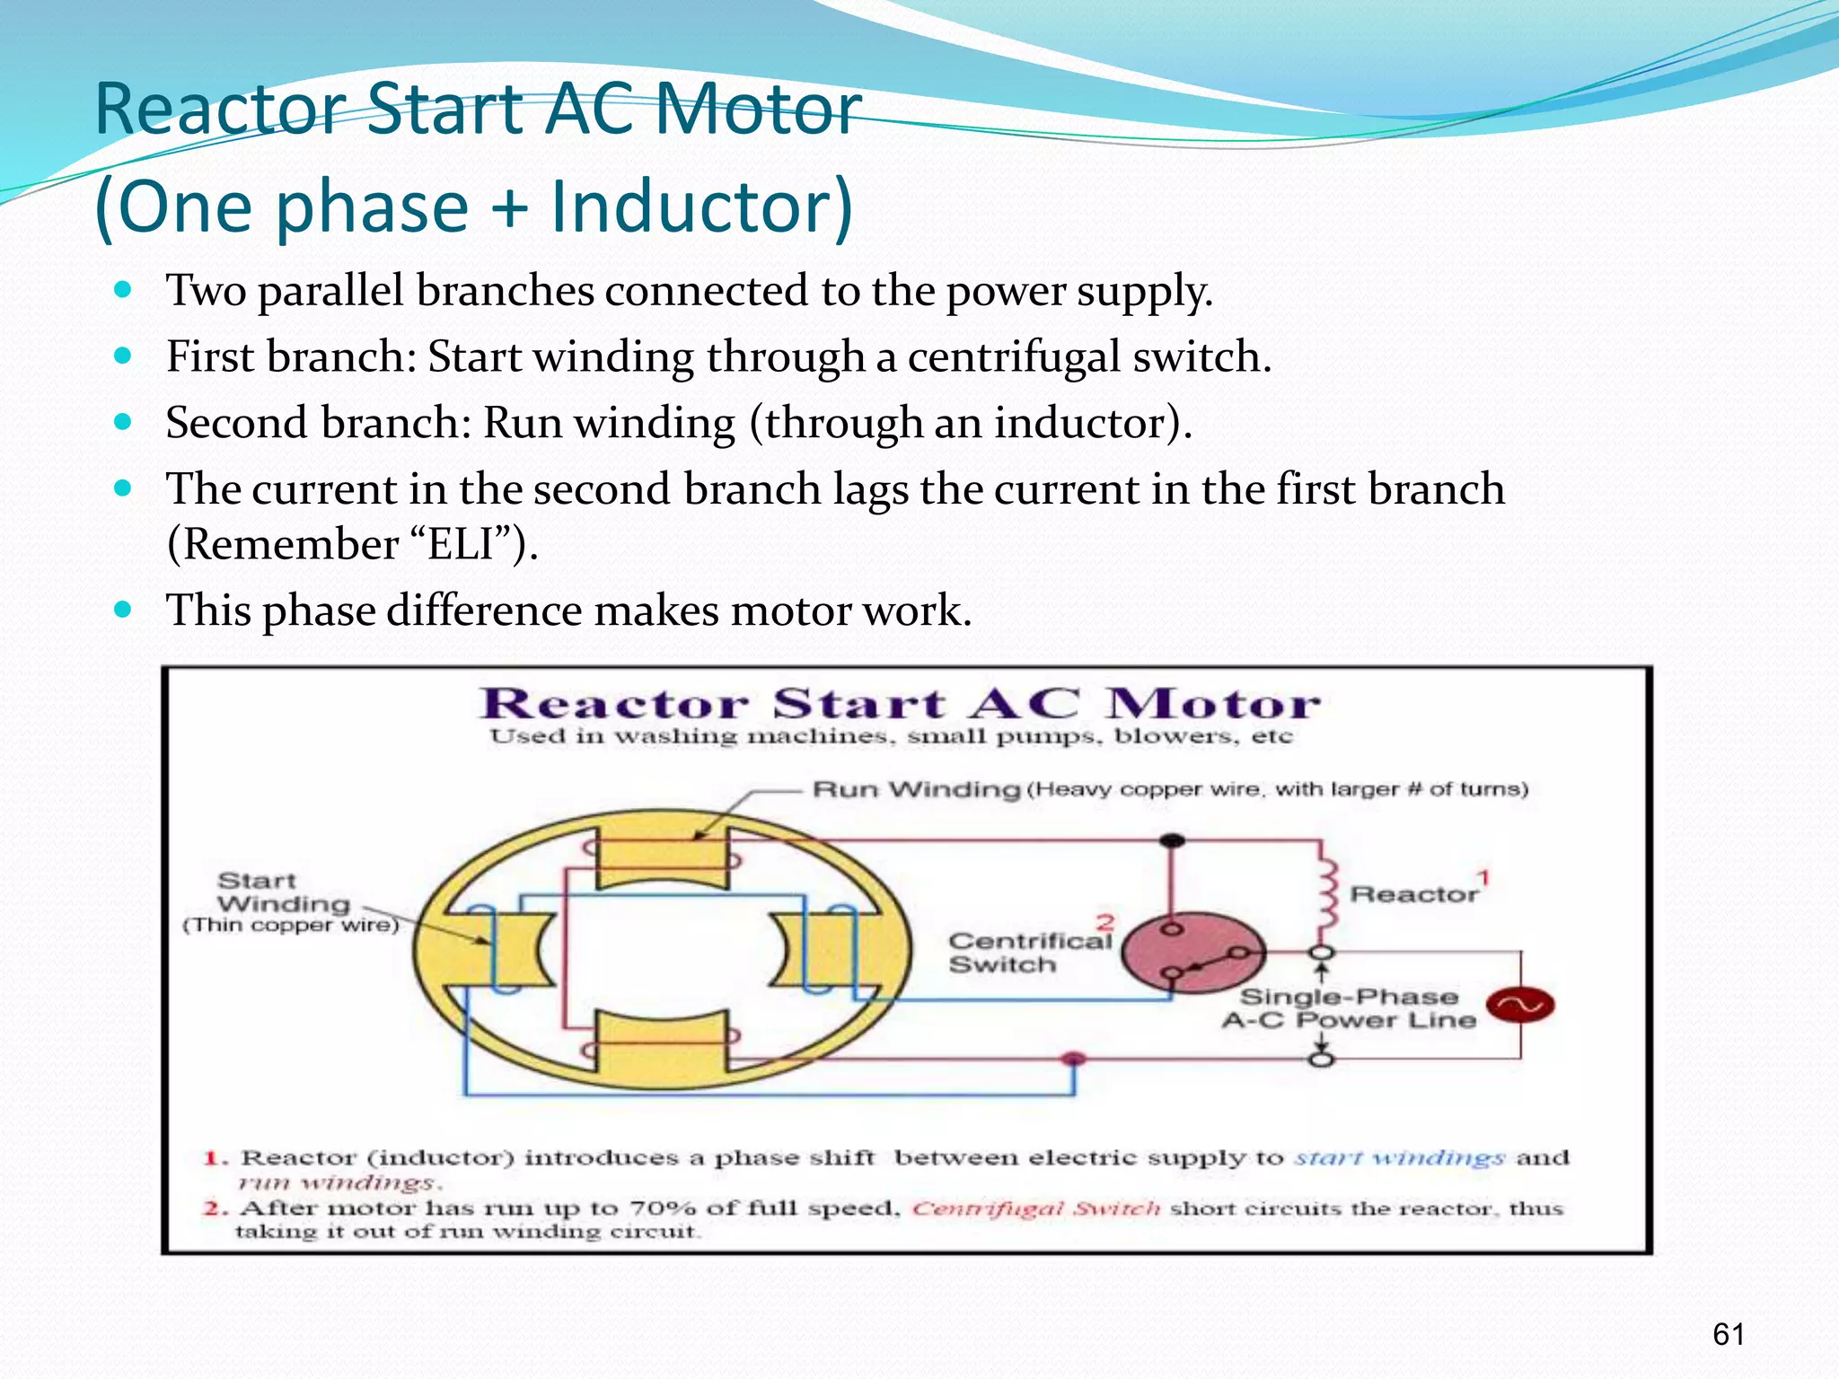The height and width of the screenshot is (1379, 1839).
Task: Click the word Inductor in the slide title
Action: (701, 207)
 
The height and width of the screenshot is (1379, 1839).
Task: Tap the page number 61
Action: (1728, 1334)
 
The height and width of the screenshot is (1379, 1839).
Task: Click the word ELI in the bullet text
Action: (461, 545)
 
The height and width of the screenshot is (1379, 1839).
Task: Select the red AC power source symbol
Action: (1519, 1005)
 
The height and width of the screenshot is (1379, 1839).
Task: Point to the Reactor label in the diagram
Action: (1413, 894)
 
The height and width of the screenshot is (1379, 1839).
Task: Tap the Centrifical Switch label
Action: (1029, 953)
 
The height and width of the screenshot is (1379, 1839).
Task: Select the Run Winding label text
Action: (916, 790)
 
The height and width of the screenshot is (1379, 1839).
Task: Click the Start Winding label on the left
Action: (283, 893)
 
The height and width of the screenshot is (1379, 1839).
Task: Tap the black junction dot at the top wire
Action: (1172, 841)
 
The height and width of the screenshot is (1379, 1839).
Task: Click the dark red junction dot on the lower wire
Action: (1073, 1059)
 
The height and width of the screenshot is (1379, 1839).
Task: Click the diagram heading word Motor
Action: (1212, 704)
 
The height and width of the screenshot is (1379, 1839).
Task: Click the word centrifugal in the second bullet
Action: (1012, 357)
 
